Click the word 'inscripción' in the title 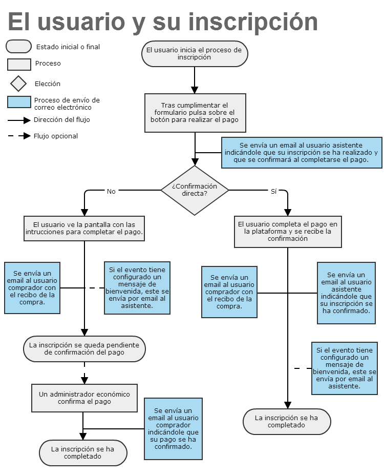point(253,22)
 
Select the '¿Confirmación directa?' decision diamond point(195,190)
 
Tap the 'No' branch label point(111,192)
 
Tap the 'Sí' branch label point(273,192)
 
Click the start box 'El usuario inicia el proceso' point(195,54)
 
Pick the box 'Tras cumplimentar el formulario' point(195,113)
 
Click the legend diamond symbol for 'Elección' point(18,84)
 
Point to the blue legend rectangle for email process point(19,102)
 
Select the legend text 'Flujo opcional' point(56,136)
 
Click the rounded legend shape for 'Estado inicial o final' point(18,47)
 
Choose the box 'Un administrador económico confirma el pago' point(84,398)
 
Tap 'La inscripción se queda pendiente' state point(84,349)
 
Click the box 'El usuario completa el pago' point(288,232)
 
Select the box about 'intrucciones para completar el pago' point(84,229)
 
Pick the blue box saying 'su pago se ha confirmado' point(173,429)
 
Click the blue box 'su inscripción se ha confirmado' point(347,293)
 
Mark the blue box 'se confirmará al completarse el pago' point(302,153)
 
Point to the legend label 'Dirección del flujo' point(62,119)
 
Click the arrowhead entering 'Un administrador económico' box point(84,380)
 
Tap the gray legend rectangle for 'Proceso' point(19,65)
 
